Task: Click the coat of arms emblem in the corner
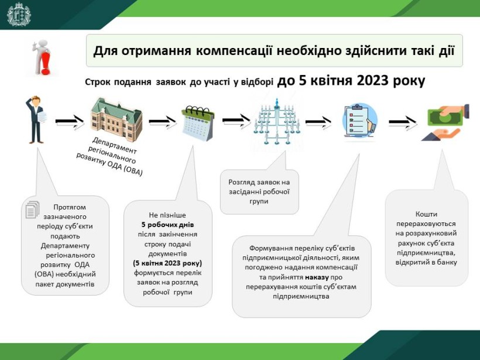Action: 19,14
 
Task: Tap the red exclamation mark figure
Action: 42,57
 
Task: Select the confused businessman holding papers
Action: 36,119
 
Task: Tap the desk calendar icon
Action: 198,123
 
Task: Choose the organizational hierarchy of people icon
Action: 277,122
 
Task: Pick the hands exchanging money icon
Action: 446,122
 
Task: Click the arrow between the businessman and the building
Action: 70,122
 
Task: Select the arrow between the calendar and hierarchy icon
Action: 236,121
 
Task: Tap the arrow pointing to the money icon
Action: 403,122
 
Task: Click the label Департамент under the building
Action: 114,145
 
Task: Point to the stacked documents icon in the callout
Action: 33,210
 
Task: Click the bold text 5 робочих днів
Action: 167,225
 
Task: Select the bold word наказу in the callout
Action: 317,277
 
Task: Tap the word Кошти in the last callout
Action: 426,214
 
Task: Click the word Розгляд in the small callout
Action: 242,183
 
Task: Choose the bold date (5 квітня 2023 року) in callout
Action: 167,263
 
